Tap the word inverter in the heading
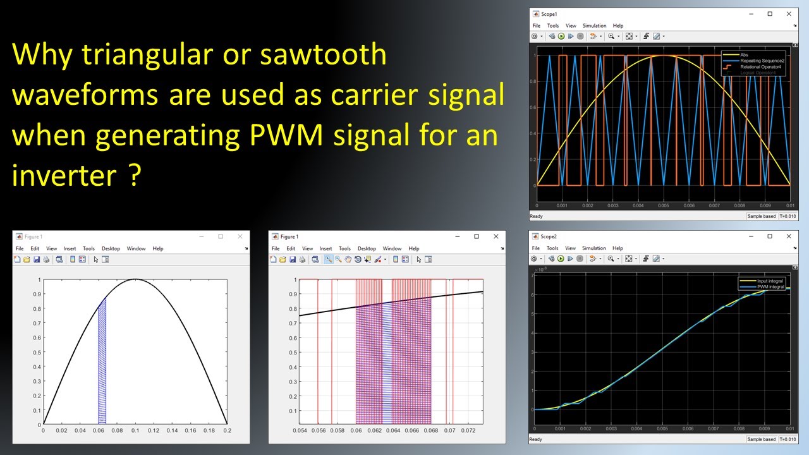pyautogui.click(x=61, y=175)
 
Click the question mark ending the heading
pyautogui.click(x=135, y=175)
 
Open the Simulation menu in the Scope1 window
pyautogui.click(x=594, y=26)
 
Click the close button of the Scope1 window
pyautogui.click(x=790, y=14)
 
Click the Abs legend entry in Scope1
pyautogui.click(x=745, y=54)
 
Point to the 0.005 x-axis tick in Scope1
pyautogui.click(x=664, y=205)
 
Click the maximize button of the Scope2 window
pyautogui.click(x=770, y=236)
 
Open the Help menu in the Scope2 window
pyautogui.click(x=617, y=248)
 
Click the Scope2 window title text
pyautogui.click(x=549, y=236)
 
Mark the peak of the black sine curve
pyautogui.click(x=135, y=279)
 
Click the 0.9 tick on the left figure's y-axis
pyautogui.click(x=39, y=294)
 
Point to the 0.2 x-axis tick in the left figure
pyautogui.click(x=227, y=430)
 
